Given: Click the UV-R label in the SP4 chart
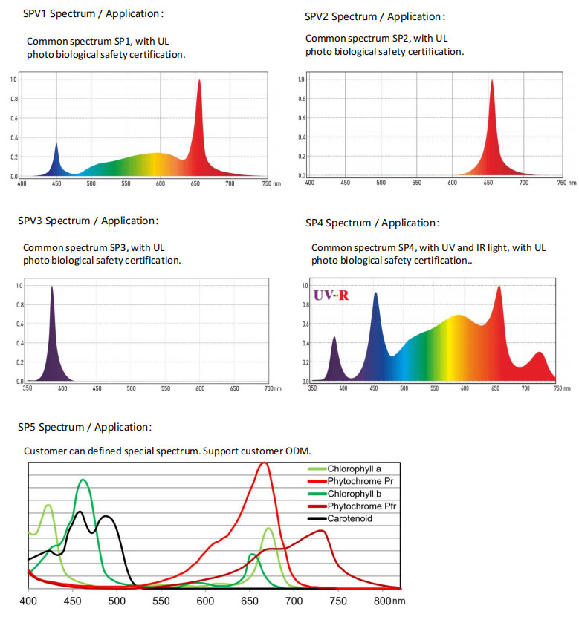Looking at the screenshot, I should [x=331, y=296].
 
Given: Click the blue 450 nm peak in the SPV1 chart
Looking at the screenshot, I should [x=56, y=143].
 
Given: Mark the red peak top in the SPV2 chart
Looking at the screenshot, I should [x=491, y=81].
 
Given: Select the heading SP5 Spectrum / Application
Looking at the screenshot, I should [x=85, y=427].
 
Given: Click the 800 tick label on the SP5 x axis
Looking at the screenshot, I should [x=382, y=601].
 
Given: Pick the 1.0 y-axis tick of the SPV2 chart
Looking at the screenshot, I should [x=300, y=79].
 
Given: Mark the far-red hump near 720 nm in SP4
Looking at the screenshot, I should [x=540, y=353].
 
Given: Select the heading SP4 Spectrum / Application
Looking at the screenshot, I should [x=372, y=223].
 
